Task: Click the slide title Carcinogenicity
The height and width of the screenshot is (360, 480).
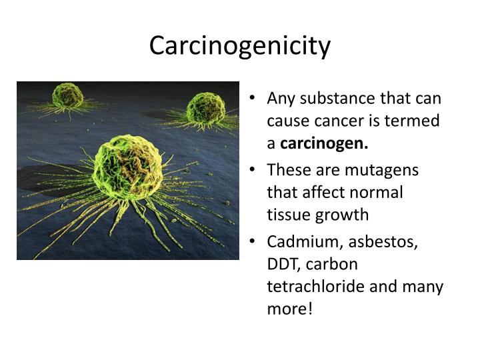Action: point(240,45)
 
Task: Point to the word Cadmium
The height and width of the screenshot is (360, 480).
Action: point(297,241)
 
